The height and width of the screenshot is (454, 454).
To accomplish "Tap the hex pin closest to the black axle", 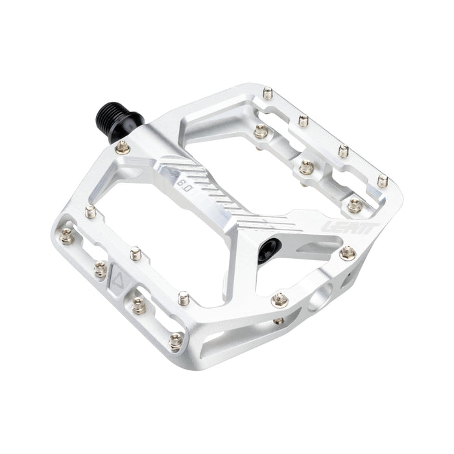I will coord(123,149).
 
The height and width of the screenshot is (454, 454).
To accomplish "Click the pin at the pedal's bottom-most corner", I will coord(175,339).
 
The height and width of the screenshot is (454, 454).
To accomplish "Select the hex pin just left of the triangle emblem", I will coord(101,269).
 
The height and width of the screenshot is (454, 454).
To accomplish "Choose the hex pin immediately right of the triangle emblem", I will coord(139,305).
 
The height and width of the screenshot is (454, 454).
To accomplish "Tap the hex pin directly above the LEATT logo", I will coord(354,206).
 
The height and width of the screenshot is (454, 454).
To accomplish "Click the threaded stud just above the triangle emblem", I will coord(136,253).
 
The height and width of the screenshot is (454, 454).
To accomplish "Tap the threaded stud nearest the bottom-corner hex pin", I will coord(184,299).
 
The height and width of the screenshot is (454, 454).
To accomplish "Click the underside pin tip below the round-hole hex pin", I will coord(279,320).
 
